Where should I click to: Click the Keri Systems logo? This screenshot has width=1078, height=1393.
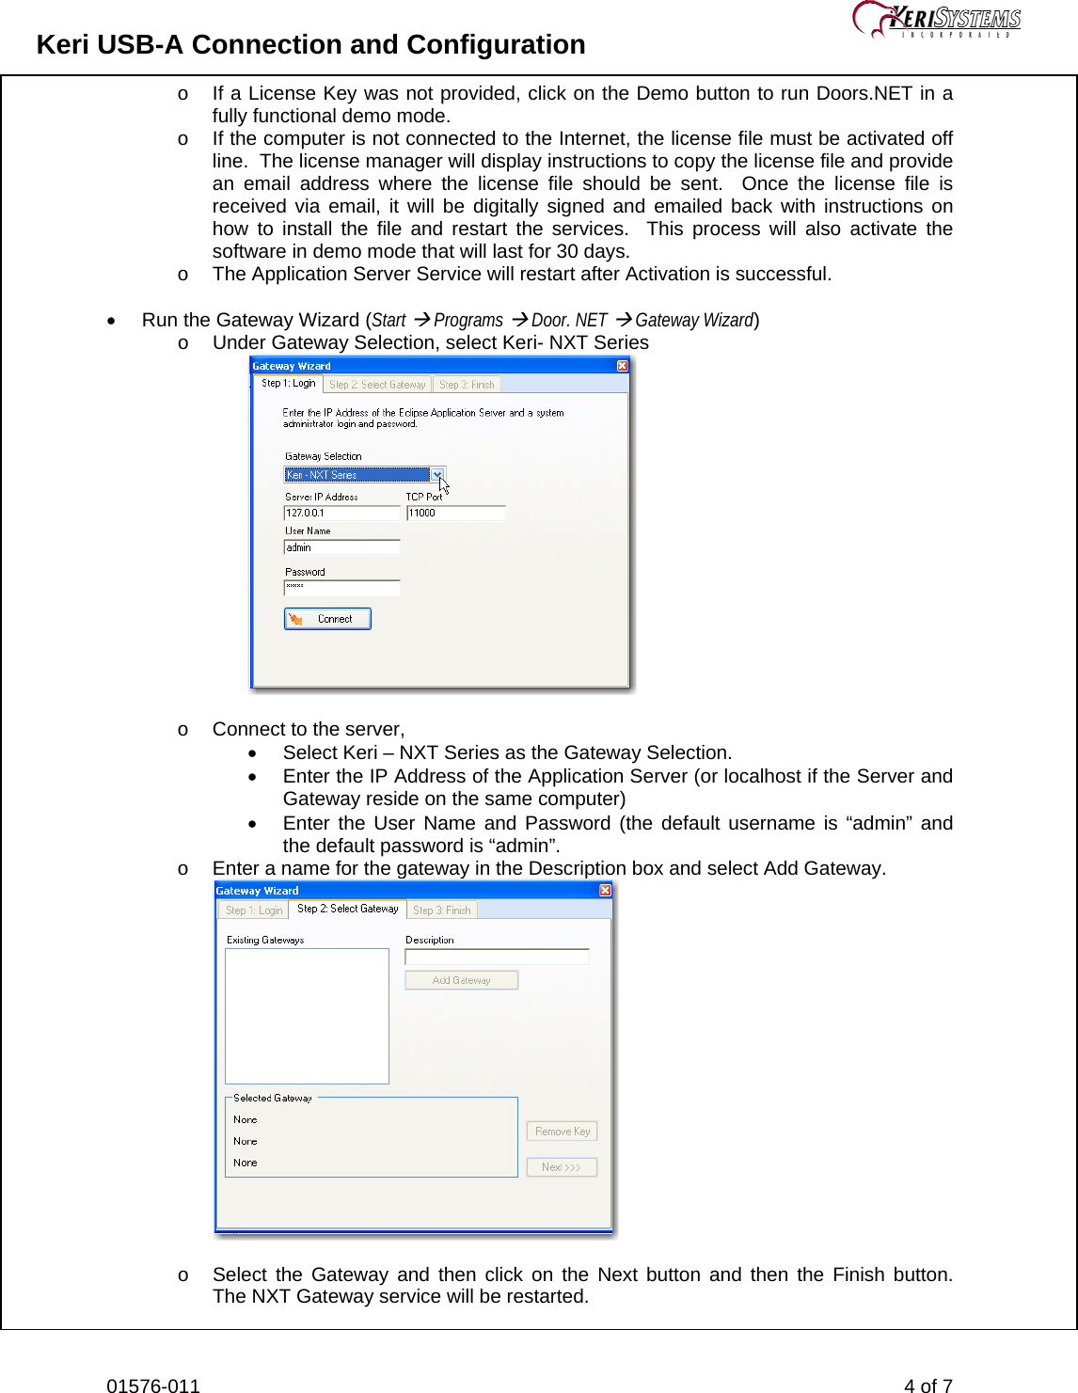[x=937, y=19]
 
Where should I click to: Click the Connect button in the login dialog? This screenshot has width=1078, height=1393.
[x=327, y=619]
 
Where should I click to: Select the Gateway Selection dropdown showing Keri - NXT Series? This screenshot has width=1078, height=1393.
[x=364, y=475]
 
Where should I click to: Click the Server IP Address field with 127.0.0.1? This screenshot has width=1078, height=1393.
[x=341, y=514]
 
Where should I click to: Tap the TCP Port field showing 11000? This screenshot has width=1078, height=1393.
[x=455, y=514]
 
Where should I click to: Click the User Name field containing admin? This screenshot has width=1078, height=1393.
[x=341, y=547]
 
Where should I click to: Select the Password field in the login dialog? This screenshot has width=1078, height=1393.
[x=341, y=588]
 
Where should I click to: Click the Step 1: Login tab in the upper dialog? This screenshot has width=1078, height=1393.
[x=288, y=384]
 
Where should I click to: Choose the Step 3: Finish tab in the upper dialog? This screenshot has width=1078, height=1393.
[x=467, y=385]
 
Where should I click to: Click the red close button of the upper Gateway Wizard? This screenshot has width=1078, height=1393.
[x=622, y=366]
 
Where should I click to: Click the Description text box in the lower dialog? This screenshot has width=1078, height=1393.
[x=497, y=957]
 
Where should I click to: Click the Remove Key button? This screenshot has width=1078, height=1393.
[x=562, y=1132]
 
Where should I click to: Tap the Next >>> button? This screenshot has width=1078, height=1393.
[x=562, y=1167]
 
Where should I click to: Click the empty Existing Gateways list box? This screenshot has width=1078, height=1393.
[x=307, y=1016]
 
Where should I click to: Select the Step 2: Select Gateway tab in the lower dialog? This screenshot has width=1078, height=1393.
[x=347, y=909]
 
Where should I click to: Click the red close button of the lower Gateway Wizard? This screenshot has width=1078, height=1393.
[x=605, y=891]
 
